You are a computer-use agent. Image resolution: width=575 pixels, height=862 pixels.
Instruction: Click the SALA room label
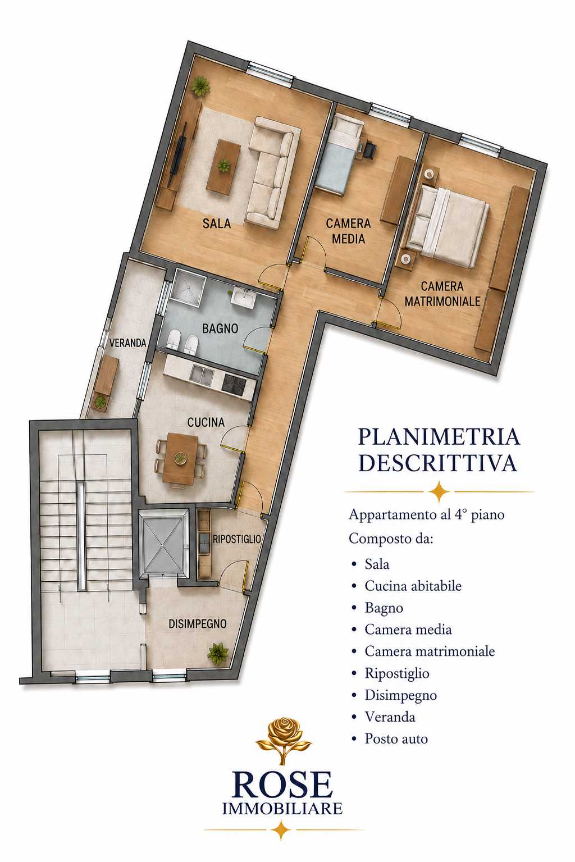point(217,223)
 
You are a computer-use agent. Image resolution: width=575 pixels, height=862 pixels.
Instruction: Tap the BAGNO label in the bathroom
point(220,329)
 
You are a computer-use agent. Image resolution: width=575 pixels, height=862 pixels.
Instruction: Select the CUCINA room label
point(206,422)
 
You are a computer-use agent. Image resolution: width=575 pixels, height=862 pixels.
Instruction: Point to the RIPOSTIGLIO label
point(237,539)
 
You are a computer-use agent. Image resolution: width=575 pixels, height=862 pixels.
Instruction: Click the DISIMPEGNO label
point(198,624)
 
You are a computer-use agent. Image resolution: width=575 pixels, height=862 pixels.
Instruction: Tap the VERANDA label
point(128,343)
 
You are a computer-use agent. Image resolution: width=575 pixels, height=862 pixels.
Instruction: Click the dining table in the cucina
point(180,459)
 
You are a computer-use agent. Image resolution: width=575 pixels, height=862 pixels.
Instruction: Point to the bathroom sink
point(243,298)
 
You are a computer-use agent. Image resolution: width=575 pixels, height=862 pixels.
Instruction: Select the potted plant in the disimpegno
point(218,653)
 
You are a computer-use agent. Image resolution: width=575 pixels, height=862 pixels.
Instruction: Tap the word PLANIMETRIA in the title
point(439,437)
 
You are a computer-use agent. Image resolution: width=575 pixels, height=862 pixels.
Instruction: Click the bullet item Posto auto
point(396,738)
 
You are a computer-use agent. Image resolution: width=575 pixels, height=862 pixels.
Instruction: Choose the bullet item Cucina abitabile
point(413,586)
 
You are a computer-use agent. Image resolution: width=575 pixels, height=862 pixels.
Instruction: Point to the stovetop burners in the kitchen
point(234,384)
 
